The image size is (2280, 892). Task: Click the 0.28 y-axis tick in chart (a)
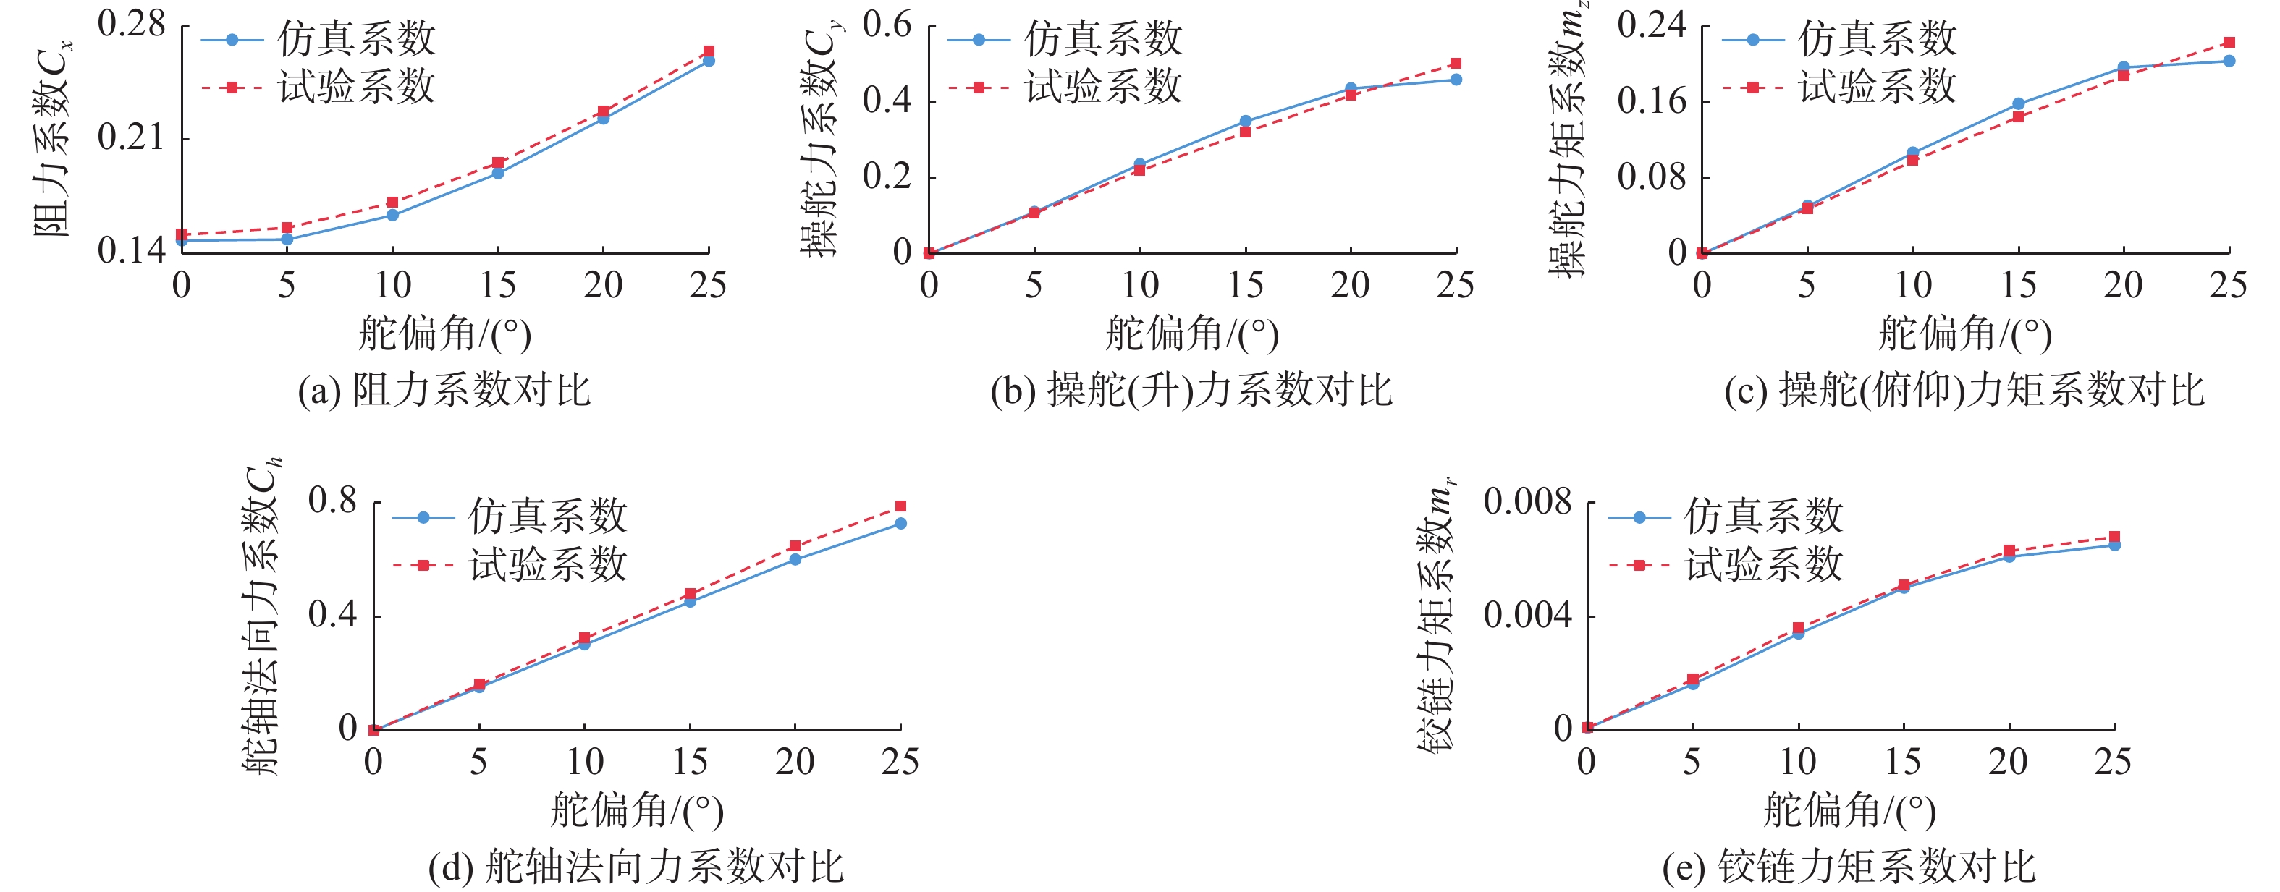tap(131, 25)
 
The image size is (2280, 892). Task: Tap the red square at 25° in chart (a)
tap(708, 51)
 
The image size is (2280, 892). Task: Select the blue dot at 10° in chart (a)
tap(392, 215)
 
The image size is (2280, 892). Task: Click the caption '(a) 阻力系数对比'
tap(444, 390)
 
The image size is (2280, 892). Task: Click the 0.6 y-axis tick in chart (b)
tap(887, 25)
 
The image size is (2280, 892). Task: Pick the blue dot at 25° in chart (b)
tap(1456, 80)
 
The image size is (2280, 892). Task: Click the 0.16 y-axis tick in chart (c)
tap(1652, 101)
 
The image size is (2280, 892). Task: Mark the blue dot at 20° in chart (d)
tap(795, 559)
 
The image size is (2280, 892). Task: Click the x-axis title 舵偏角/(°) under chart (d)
tap(636, 810)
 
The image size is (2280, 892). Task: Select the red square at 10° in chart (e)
tap(1798, 628)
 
